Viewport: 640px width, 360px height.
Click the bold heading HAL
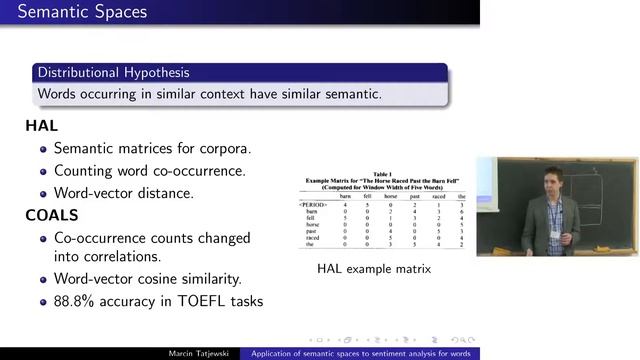pos(42,126)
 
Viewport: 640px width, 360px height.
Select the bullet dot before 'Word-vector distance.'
pos(44,192)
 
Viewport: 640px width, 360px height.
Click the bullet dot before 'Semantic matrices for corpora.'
pos(44,149)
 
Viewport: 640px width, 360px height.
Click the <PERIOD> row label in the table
pos(300,205)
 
